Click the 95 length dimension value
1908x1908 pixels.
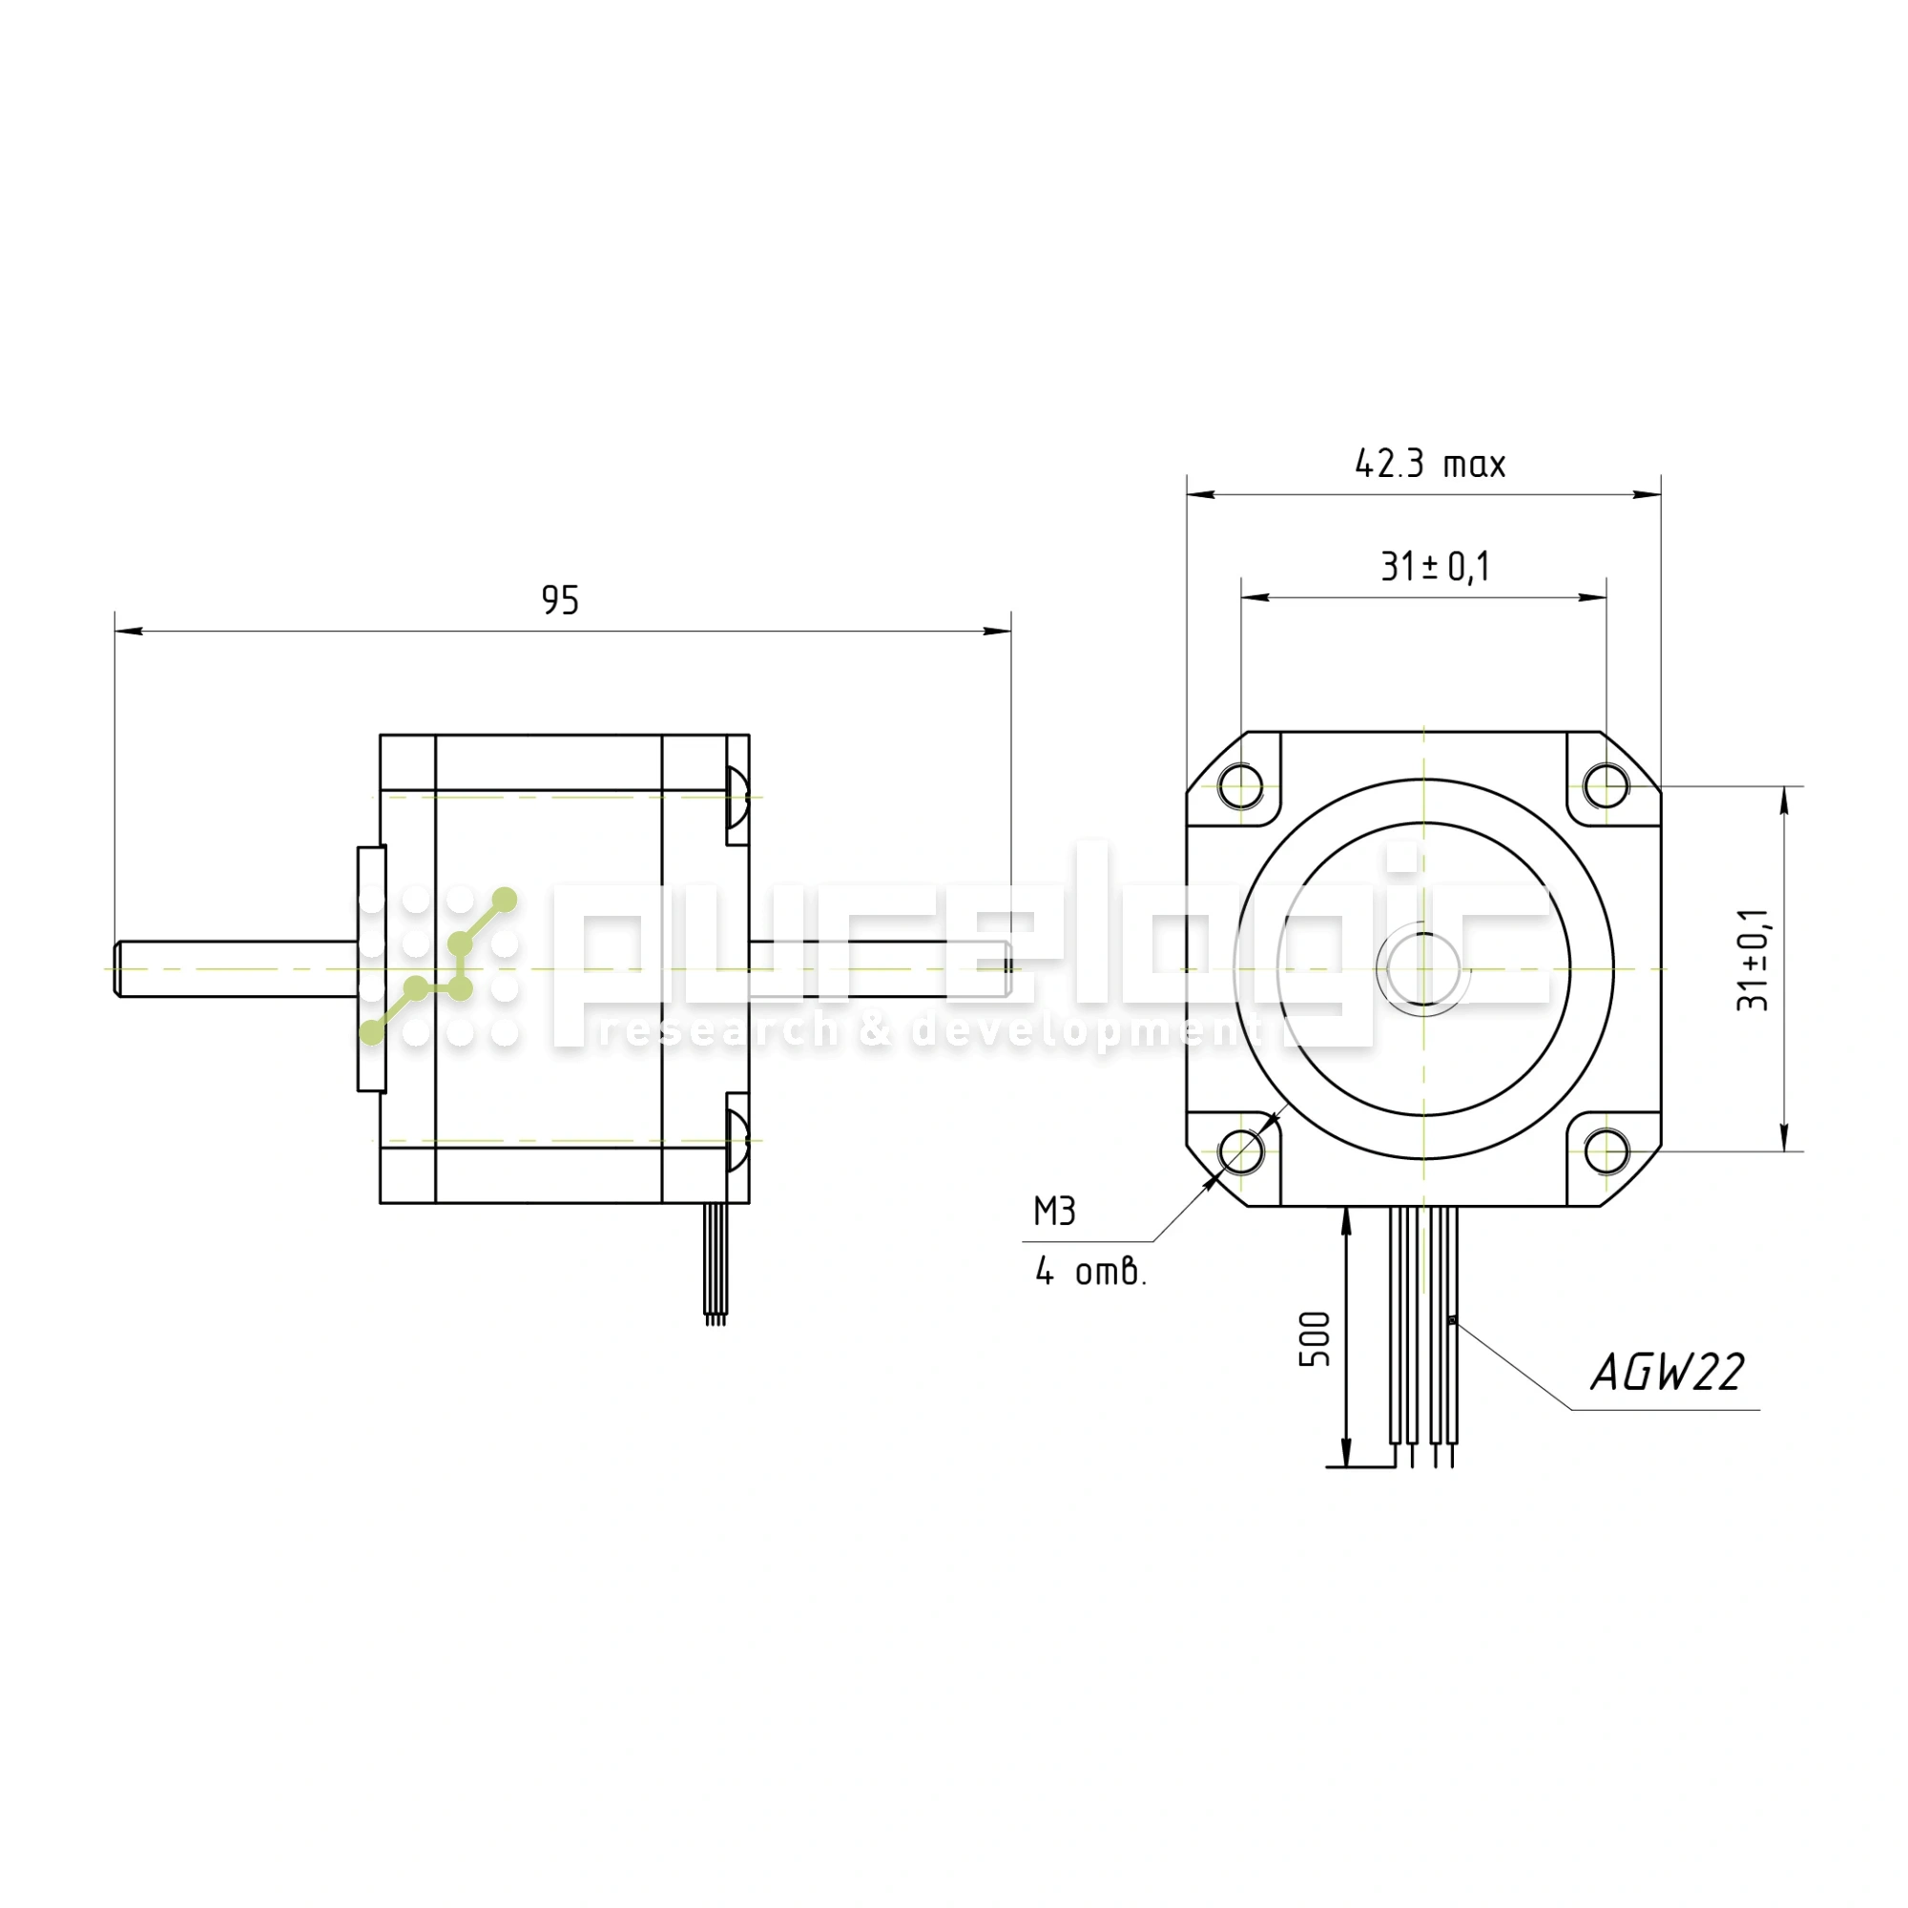pyautogui.click(x=560, y=600)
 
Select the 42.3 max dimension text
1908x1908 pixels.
pyautogui.click(x=1430, y=465)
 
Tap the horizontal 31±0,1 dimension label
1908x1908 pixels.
pyautogui.click(x=1435, y=567)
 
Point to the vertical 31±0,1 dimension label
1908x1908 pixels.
pyautogui.click(x=1755, y=959)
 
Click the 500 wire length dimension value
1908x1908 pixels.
pyautogui.click(x=1315, y=1339)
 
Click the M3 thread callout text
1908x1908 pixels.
pyautogui.click(x=1055, y=1212)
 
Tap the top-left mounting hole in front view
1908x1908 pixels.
pyautogui.click(x=1240, y=787)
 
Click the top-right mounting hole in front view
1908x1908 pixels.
pyautogui.click(x=1606, y=787)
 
